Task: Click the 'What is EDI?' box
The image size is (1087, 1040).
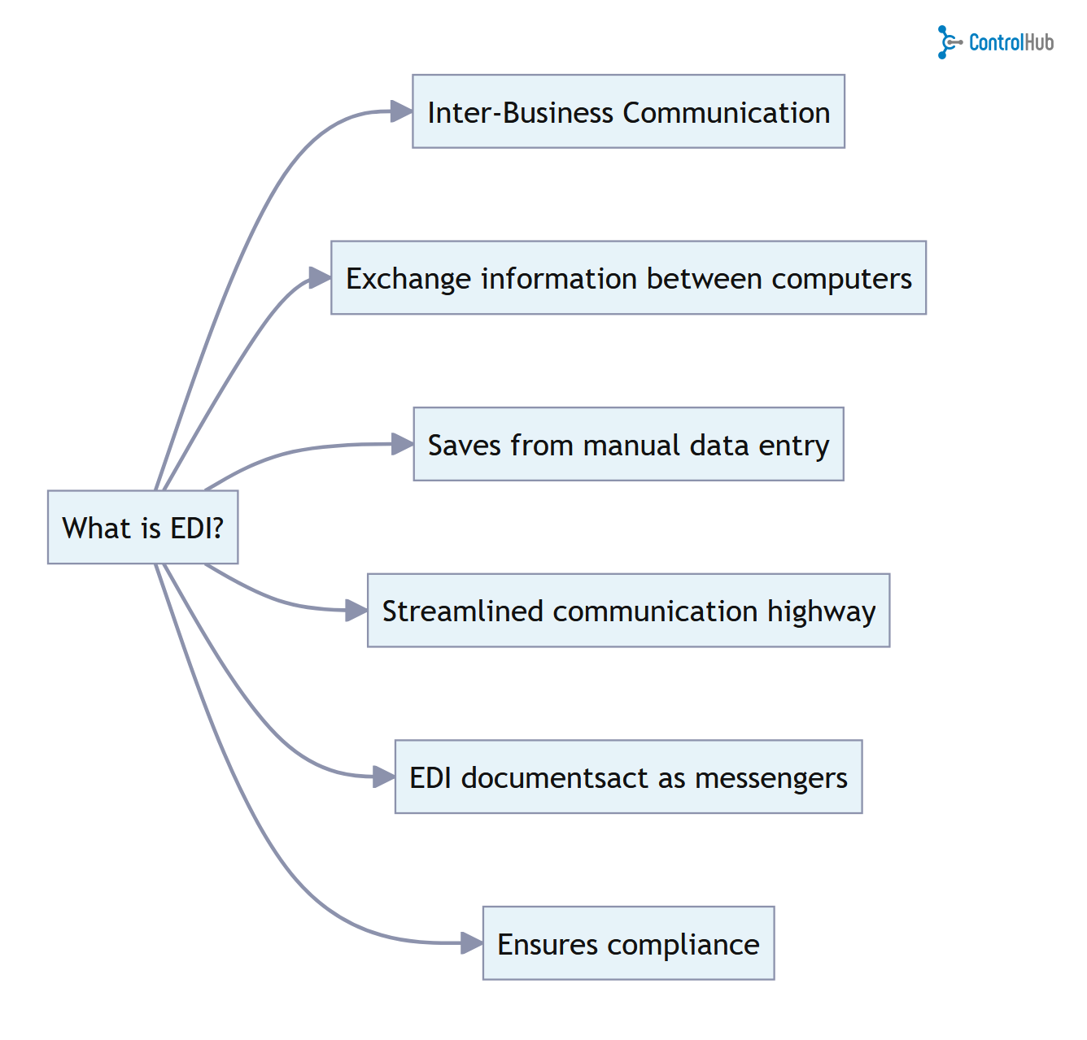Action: [142, 527]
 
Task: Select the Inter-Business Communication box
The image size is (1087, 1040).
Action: [628, 111]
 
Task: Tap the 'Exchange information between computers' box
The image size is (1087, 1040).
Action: [628, 277]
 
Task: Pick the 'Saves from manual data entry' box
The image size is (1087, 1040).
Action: [628, 444]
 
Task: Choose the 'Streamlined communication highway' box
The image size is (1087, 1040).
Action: [628, 610]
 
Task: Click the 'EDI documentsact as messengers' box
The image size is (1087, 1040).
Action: [628, 777]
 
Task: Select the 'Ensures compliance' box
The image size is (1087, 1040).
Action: [628, 942]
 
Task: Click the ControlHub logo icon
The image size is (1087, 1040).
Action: [948, 42]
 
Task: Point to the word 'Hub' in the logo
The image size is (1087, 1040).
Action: [1037, 42]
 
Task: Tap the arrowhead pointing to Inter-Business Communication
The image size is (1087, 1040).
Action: [401, 111]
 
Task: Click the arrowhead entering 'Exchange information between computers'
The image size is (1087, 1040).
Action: [320, 278]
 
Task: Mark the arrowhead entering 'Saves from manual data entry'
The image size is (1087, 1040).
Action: [402, 444]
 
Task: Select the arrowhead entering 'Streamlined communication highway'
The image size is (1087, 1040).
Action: [356, 610]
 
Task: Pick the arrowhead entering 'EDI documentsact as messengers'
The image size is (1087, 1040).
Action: [383, 777]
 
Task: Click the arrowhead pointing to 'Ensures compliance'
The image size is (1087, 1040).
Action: [471, 942]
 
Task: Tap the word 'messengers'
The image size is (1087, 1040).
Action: [771, 778]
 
